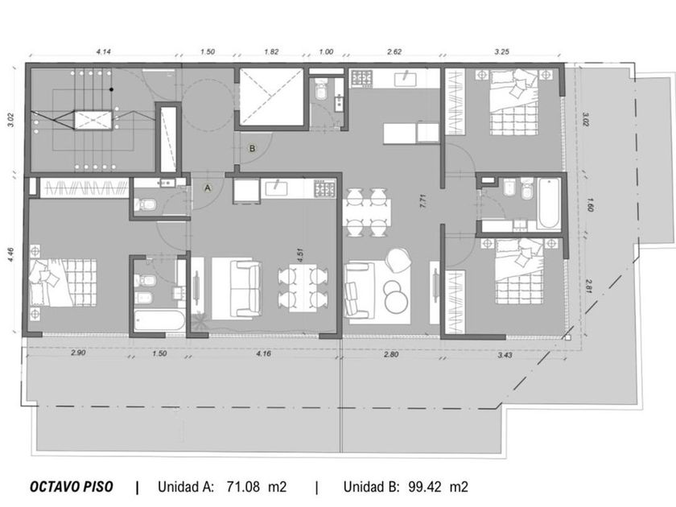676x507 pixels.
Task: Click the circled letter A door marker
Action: coord(208,188)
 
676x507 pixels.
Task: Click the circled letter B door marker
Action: coord(252,149)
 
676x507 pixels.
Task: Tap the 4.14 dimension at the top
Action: coord(104,52)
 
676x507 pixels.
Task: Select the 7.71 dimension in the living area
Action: coord(423,202)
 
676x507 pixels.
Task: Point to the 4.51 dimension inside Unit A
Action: coord(300,254)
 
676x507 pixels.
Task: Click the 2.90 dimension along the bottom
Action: coord(78,352)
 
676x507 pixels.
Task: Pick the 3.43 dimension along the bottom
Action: coord(505,355)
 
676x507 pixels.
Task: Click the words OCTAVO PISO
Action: coord(71,487)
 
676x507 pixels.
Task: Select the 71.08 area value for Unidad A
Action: coord(244,487)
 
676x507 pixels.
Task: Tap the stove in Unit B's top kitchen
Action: coord(361,79)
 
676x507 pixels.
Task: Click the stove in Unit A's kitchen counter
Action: coord(324,189)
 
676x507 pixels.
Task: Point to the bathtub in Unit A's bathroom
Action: coord(159,320)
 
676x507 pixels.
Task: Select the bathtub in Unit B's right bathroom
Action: coord(549,203)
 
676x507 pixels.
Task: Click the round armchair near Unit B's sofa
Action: coord(399,261)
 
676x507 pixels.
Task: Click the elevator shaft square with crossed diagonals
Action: coord(272,97)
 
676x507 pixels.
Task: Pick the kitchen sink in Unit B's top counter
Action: coord(405,80)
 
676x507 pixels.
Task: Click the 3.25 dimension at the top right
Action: coord(502,52)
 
